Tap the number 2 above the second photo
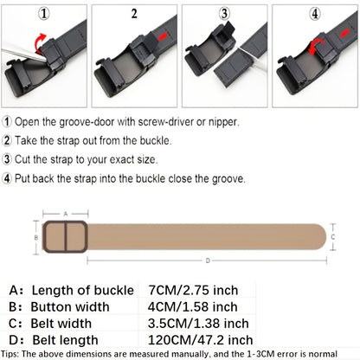(133, 14)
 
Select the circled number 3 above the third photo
(223, 13)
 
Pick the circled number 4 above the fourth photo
(314, 13)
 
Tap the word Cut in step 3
(26, 159)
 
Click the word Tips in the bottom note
(14, 353)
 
